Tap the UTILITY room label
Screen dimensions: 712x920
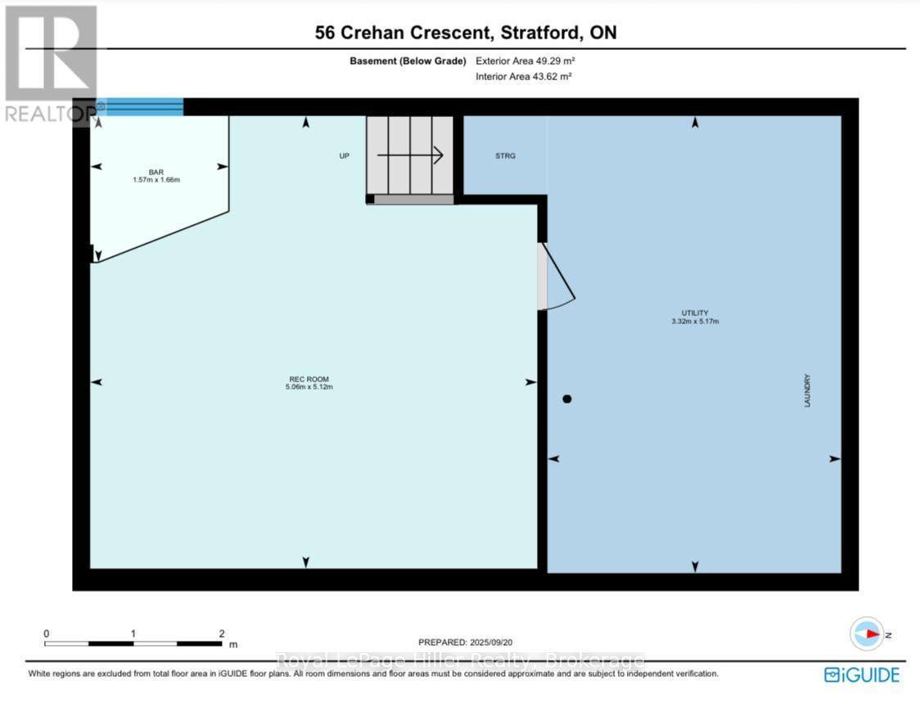coord(694,313)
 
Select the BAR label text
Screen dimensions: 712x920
coord(156,172)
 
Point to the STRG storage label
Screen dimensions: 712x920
coord(505,155)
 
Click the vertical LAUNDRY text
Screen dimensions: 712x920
coord(807,391)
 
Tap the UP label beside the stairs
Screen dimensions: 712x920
coord(345,155)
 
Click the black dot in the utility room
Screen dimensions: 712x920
coord(566,399)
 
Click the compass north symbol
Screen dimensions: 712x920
coord(868,634)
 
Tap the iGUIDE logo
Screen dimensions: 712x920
coord(861,674)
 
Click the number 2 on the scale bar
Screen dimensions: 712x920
coord(221,633)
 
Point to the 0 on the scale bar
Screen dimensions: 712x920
coord(47,633)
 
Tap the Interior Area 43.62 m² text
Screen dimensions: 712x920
coord(523,76)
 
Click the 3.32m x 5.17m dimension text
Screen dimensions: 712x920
coord(694,321)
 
